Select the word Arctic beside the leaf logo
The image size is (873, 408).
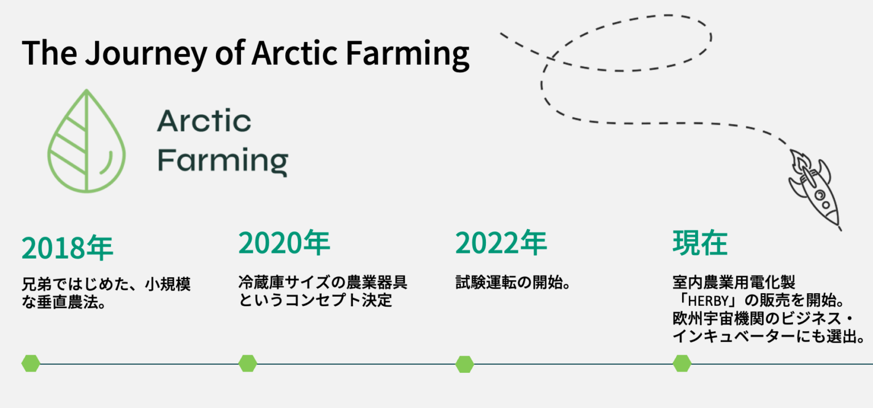pyautogui.click(x=204, y=120)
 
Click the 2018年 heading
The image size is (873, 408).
pyautogui.click(x=68, y=248)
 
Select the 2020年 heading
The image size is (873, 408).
pyautogui.click(x=284, y=243)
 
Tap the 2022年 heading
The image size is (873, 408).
pyautogui.click(x=501, y=243)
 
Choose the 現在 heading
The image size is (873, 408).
pyautogui.click(x=700, y=243)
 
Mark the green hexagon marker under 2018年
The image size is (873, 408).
pyautogui.click(x=31, y=363)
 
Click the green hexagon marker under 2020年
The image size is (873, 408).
pyautogui.click(x=247, y=363)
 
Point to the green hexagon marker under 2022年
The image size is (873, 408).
pyautogui.click(x=464, y=364)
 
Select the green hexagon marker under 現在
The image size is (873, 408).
pyautogui.click(x=681, y=363)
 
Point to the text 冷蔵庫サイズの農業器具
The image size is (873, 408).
pyautogui.click(x=323, y=282)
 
